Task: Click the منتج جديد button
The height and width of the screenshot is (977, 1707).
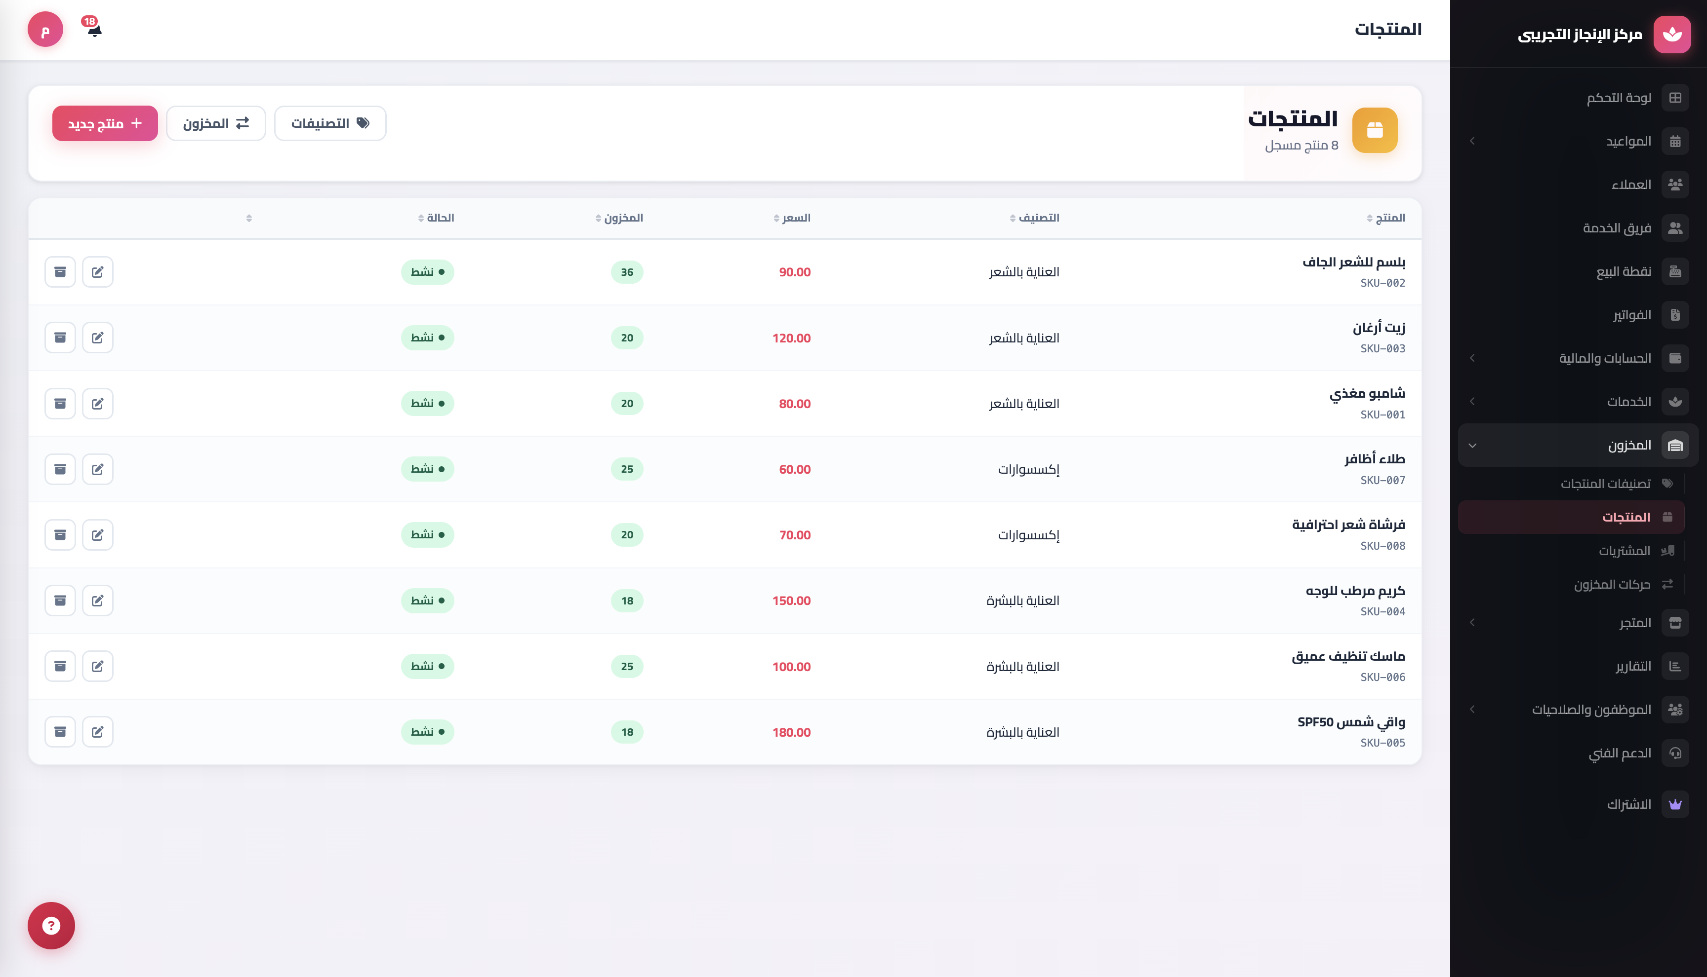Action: [x=105, y=123]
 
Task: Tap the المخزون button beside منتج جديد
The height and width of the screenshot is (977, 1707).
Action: [x=215, y=123]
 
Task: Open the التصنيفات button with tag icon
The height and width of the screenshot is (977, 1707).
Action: [x=330, y=123]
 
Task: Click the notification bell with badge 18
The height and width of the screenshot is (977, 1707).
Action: [x=93, y=28]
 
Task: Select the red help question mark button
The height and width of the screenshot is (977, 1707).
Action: [x=51, y=925]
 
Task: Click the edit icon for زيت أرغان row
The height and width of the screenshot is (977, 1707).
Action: [x=97, y=338]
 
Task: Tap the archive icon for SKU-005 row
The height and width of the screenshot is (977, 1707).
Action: [x=60, y=731]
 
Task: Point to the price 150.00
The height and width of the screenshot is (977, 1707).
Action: [x=791, y=601]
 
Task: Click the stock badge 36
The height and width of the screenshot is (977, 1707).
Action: [x=626, y=272]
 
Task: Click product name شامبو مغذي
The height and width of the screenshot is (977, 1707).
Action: [x=1367, y=393]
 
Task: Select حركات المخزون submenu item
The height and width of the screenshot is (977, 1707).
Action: [x=1612, y=584]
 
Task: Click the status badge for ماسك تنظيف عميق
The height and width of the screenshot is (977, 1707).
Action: [x=428, y=666]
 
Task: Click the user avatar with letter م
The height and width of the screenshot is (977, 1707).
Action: [x=45, y=30]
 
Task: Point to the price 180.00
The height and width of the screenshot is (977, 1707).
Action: [x=791, y=732]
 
